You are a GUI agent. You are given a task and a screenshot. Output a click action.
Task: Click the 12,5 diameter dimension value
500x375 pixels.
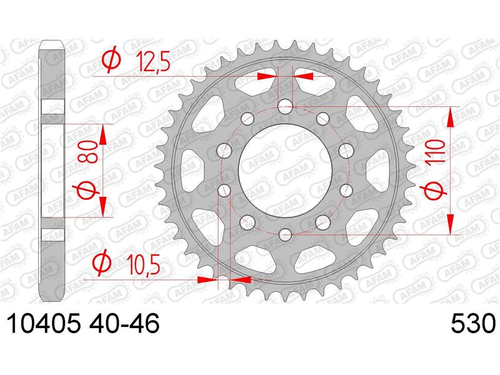pyautogui.click(x=152, y=62)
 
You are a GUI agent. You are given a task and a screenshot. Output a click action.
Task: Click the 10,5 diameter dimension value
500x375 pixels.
pyautogui.click(x=143, y=264)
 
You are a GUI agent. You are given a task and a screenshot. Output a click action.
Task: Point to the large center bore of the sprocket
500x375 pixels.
pyautogui.click(x=286, y=171)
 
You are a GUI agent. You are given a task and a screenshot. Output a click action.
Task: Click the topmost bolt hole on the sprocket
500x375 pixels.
pyautogui.click(x=286, y=107)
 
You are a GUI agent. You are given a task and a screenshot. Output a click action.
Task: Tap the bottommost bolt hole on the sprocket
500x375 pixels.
pyautogui.click(x=286, y=234)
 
